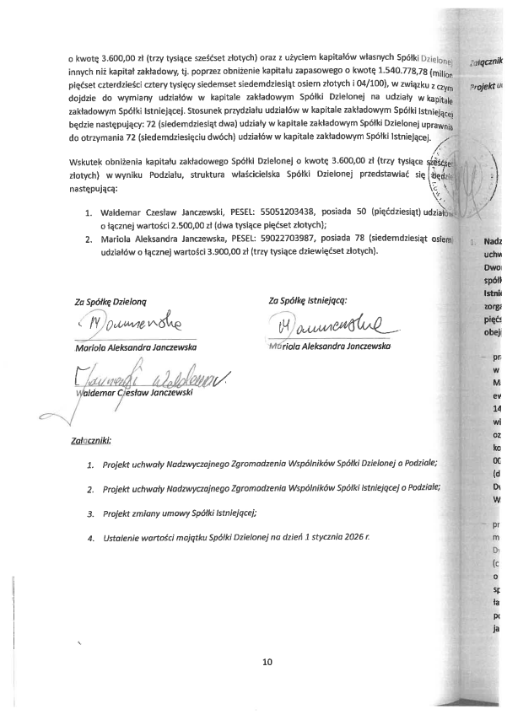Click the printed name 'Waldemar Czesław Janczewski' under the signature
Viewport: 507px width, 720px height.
[136, 392]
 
